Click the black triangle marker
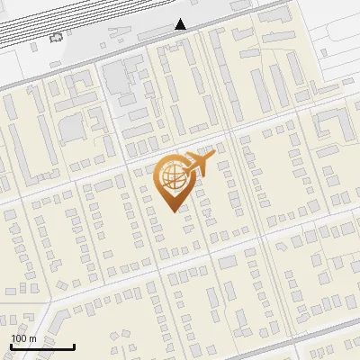point(181,23)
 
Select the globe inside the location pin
point(171,176)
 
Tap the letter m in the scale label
point(33,338)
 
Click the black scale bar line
point(42,346)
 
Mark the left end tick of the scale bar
point(12,345)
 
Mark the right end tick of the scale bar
point(74,345)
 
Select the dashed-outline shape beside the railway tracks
point(58,37)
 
